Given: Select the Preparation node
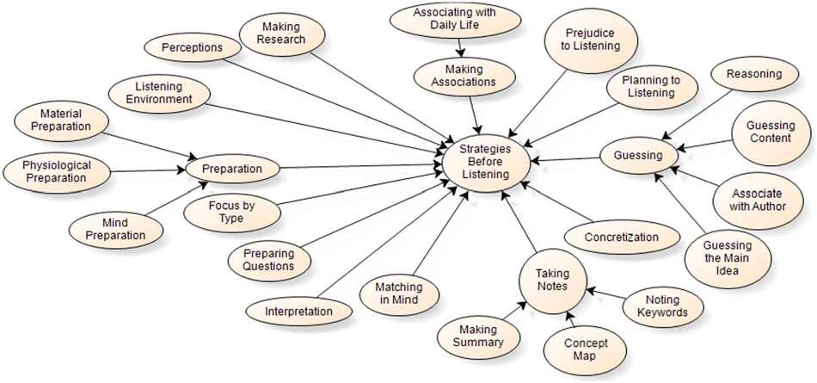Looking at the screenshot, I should click(231, 169).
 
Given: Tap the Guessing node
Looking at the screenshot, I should click(637, 156).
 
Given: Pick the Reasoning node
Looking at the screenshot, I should click(753, 74).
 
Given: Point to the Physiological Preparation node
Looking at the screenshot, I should click(56, 171).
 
